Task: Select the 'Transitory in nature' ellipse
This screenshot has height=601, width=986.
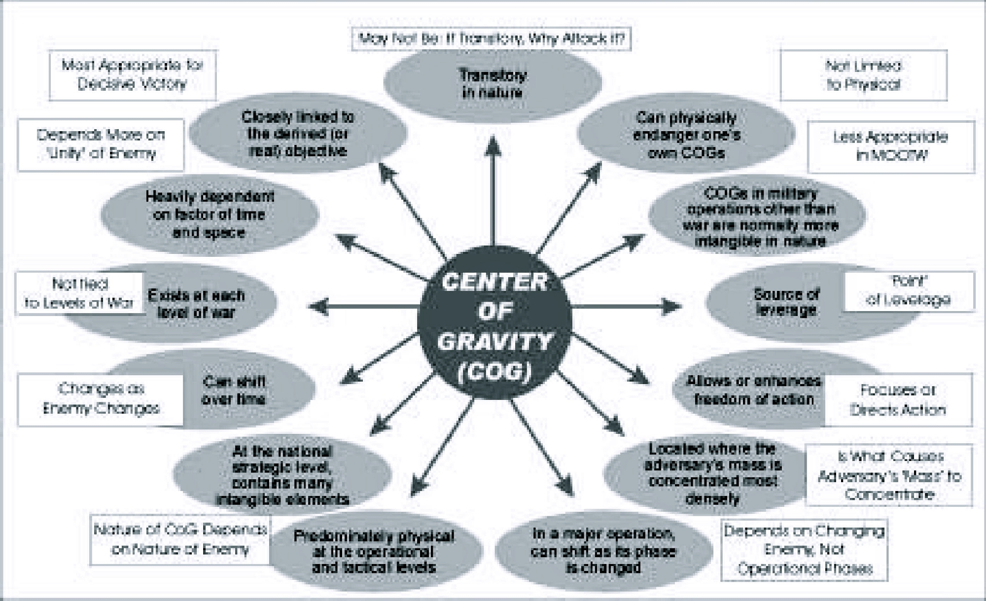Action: (493, 83)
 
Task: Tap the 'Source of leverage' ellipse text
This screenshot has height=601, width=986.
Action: (786, 302)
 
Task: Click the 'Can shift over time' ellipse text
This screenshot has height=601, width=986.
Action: (234, 390)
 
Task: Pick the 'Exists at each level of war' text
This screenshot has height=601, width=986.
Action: (196, 303)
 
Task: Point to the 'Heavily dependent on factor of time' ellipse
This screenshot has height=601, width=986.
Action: (210, 214)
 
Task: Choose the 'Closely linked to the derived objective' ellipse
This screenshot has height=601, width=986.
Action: (298, 134)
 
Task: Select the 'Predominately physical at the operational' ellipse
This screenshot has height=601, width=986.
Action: (374, 551)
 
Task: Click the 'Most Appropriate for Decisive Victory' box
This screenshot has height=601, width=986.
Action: (132, 74)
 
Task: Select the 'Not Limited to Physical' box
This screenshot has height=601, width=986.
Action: (863, 75)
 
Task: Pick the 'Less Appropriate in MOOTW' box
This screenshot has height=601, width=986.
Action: (890, 146)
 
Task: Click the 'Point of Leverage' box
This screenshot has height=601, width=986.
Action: (909, 291)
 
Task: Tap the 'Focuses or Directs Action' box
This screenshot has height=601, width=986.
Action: (898, 399)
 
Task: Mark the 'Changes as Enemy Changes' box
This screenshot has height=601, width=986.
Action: (101, 399)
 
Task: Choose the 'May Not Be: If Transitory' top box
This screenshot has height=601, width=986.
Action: (492, 38)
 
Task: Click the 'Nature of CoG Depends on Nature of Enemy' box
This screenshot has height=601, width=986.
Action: (180, 539)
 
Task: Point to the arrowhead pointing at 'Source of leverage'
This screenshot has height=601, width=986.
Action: (671, 307)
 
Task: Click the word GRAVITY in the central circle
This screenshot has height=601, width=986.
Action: (494, 341)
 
